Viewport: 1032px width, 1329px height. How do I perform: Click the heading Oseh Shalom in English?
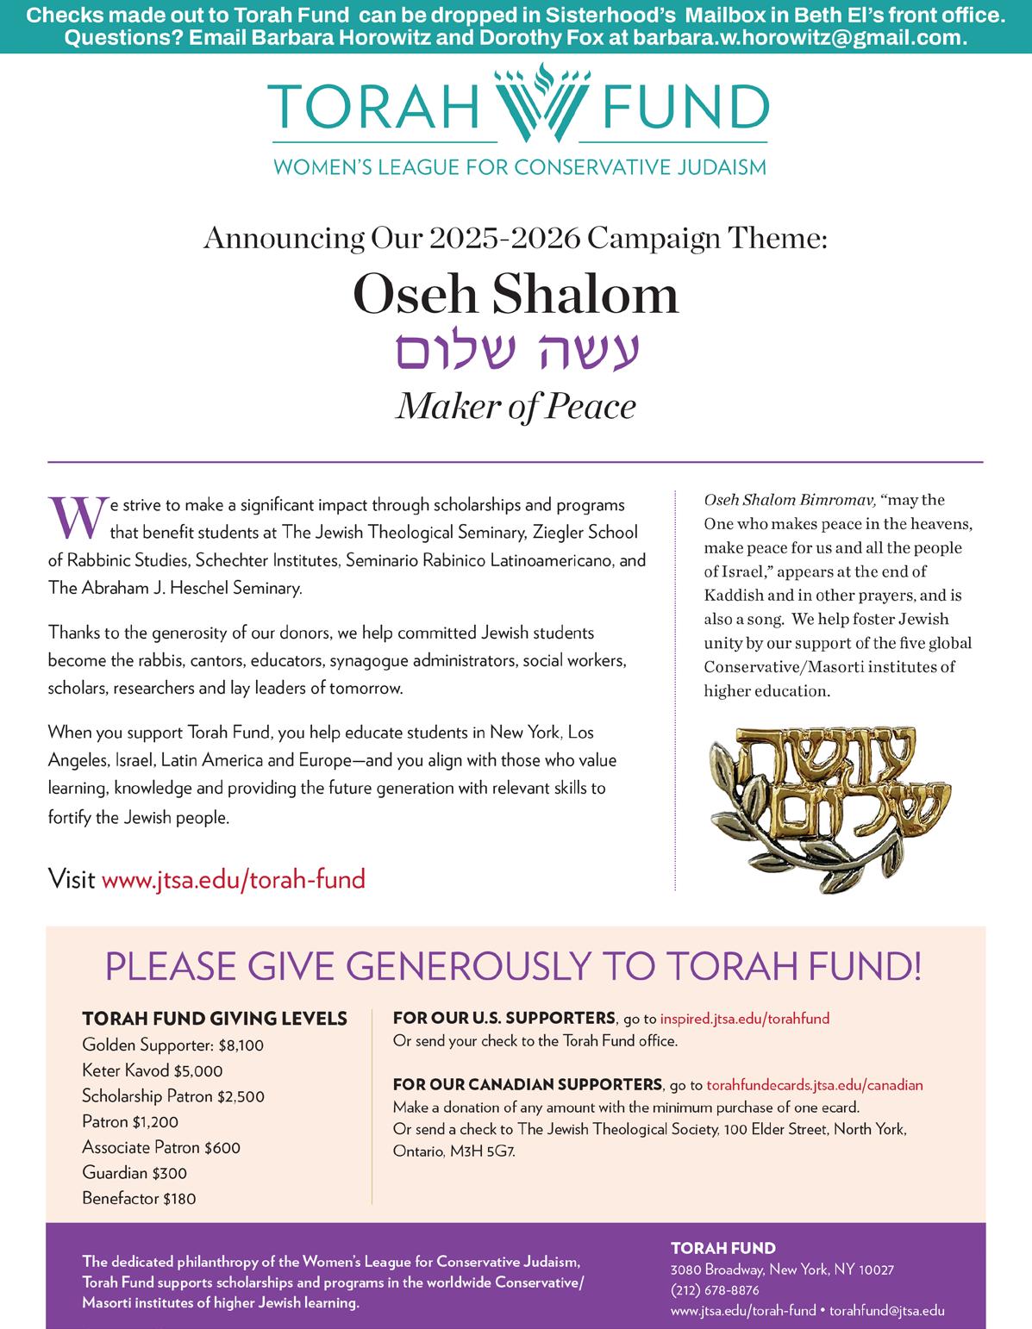tap(516, 294)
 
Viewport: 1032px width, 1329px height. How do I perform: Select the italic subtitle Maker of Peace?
tap(516, 406)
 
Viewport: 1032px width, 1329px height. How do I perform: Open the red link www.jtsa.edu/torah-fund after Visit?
tap(234, 879)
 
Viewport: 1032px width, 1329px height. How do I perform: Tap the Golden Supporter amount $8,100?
tap(241, 1045)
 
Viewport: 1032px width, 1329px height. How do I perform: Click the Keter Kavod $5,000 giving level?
tap(152, 1071)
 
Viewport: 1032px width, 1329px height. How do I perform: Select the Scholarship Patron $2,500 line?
tap(173, 1096)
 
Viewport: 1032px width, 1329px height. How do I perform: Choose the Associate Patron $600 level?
tap(161, 1147)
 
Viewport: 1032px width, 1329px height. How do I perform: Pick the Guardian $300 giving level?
tap(134, 1173)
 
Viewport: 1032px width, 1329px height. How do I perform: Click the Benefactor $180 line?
tap(139, 1198)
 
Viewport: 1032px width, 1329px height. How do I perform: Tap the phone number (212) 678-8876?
tap(715, 1290)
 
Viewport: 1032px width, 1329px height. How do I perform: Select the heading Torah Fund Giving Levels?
tap(215, 1019)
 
